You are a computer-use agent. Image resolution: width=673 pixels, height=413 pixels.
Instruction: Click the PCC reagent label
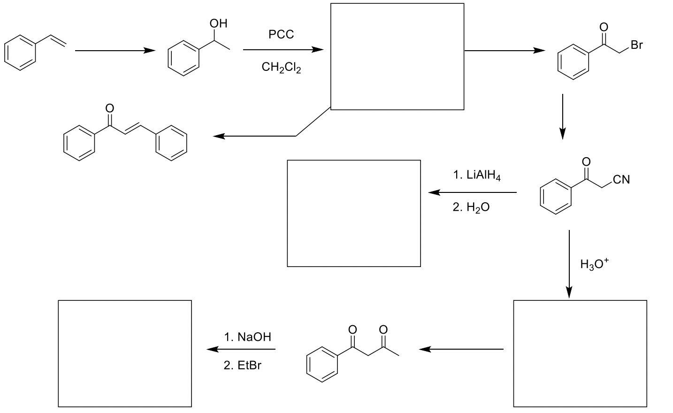(281, 34)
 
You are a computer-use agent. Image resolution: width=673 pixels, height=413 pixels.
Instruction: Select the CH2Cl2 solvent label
(281, 68)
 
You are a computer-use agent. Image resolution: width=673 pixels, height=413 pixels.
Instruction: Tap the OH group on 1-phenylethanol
(219, 23)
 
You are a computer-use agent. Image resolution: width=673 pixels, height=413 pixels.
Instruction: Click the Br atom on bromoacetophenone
(636, 45)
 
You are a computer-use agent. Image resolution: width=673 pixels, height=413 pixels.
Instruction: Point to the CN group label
(621, 180)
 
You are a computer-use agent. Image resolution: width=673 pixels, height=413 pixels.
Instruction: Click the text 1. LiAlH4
(477, 176)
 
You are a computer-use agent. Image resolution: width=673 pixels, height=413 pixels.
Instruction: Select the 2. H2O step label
(471, 207)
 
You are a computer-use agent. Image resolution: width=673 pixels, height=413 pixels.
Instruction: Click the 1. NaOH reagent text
(247, 337)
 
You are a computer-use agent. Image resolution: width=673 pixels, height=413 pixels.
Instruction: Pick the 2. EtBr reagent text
(242, 365)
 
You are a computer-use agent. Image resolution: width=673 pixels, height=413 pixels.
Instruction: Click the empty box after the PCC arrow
(397, 56)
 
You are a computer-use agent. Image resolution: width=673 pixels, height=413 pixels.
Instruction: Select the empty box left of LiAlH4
(353, 213)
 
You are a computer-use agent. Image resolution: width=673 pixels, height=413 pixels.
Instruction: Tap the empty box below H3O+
(580, 353)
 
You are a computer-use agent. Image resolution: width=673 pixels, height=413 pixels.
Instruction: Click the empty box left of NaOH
(124, 353)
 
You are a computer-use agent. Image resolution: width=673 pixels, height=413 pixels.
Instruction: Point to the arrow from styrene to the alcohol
(115, 50)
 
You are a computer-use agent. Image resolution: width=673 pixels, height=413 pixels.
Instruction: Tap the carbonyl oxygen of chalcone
(110, 108)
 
